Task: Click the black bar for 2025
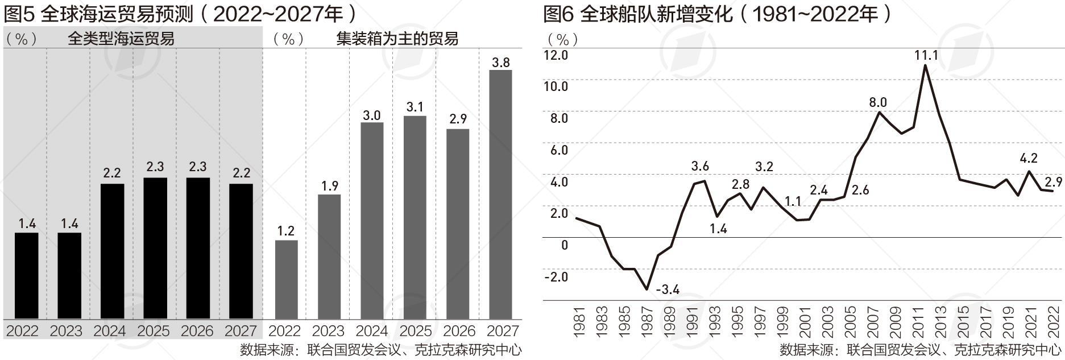pyautogui.click(x=155, y=248)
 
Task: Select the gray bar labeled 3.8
pyautogui.click(x=500, y=194)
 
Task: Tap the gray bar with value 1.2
pyautogui.click(x=286, y=279)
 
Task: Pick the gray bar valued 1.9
pyautogui.click(x=329, y=256)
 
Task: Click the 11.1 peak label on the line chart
pyautogui.click(x=926, y=55)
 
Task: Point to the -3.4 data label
pyautogui.click(x=668, y=290)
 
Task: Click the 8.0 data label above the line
pyautogui.click(x=878, y=102)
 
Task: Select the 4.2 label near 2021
pyautogui.click(x=1029, y=158)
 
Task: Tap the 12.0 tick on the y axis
pyautogui.click(x=556, y=55)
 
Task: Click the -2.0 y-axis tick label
pyautogui.click(x=556, y=277)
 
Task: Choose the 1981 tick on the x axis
pyautogui.click(x=579, y=322)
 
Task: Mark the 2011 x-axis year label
pyautogui.click(x=917, y=322)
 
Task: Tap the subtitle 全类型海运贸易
pyautogui.click(x=121, y=39)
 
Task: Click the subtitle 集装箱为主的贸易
pyautogui.click(x=397, y=39)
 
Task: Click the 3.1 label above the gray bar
pyautogui.click(x=415, y=107)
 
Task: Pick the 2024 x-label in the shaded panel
pyautogui.click(x=110, y=331)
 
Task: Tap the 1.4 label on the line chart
pyautogui.click(x=719, y=229)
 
